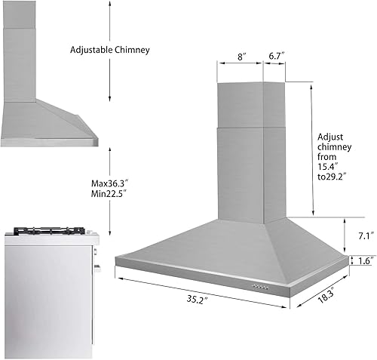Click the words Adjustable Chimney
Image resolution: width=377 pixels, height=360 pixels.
tap(110, 50)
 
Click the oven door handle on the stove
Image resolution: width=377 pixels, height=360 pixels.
tap(97, 266)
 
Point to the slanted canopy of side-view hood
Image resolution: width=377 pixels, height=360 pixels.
tap(60, 121)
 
